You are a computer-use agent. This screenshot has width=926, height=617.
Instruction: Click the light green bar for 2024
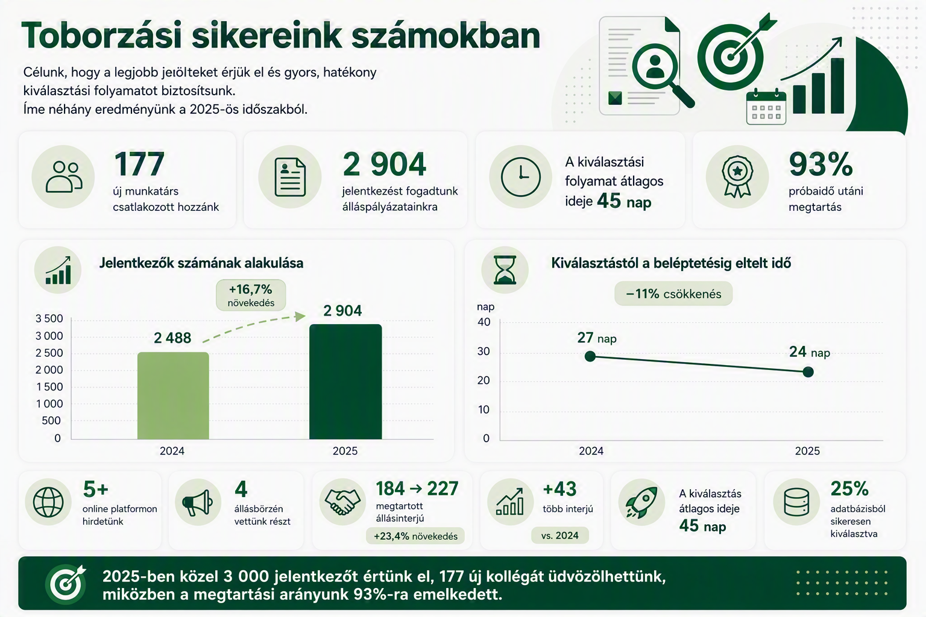point(173,395)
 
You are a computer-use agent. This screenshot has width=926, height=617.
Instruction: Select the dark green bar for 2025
point(345,382)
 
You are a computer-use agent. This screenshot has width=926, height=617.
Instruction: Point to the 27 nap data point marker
point(590,356)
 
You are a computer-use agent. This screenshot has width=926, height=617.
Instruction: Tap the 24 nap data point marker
point(808,372)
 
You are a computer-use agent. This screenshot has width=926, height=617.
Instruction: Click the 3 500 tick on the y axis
point(49,319)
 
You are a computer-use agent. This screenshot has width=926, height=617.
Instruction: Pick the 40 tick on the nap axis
point(484,322)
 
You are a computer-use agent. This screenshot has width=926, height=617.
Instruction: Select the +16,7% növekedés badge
point(251,295)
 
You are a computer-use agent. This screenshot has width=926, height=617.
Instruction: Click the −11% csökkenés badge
point(673,294)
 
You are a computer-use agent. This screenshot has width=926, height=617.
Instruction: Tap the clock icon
point(520,177)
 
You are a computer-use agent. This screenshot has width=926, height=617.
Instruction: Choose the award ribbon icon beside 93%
point(737,177)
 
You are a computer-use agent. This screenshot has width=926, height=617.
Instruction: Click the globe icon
point(48,502)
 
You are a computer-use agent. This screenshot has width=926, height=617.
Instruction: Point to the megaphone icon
point(198,503)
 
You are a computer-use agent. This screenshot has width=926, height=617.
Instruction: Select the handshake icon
point(342,502)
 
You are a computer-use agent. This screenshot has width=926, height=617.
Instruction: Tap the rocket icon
point(641,502)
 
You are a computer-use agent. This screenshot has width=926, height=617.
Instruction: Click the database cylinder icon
point(796,502)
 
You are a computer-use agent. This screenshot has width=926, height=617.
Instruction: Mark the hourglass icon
point(505,270)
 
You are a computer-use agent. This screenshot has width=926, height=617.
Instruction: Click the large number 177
point(139,164)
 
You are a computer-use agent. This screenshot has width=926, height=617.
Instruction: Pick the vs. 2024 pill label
point(559,536)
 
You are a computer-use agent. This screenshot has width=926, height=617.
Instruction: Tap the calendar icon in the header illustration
point(766,107)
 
